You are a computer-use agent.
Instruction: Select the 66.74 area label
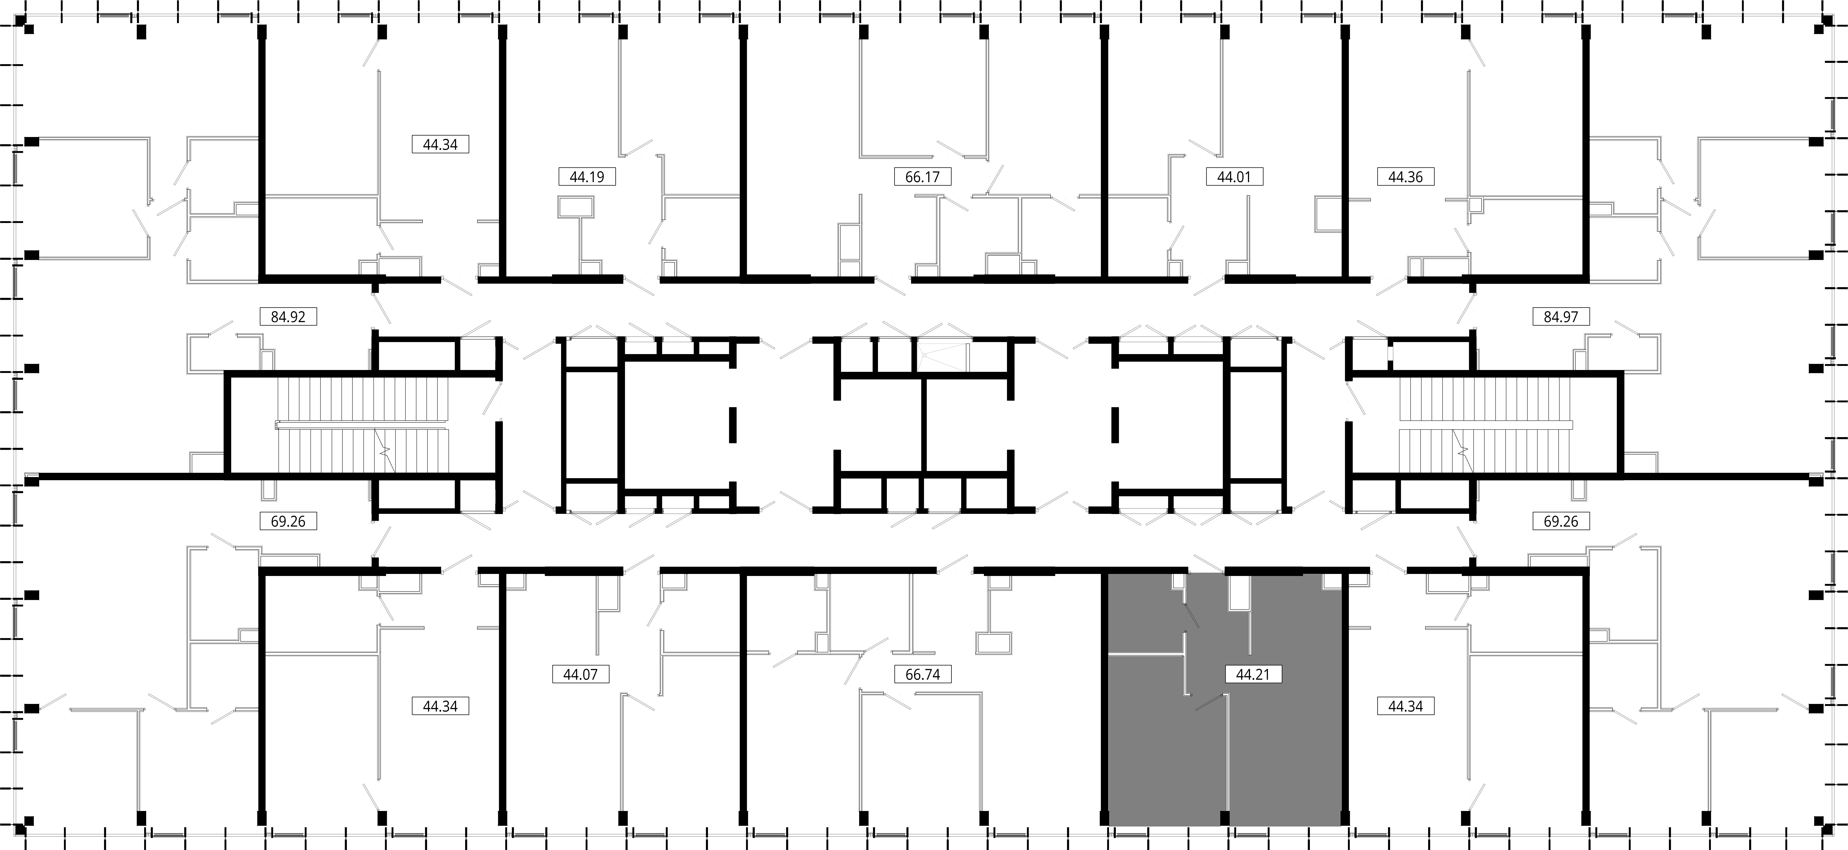tap(923, 674)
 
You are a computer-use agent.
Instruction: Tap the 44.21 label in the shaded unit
tap(1253, 674)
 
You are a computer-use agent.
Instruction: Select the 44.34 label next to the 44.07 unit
tap(441, 706)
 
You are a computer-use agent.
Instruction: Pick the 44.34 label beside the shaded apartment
tap(1405, 706)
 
